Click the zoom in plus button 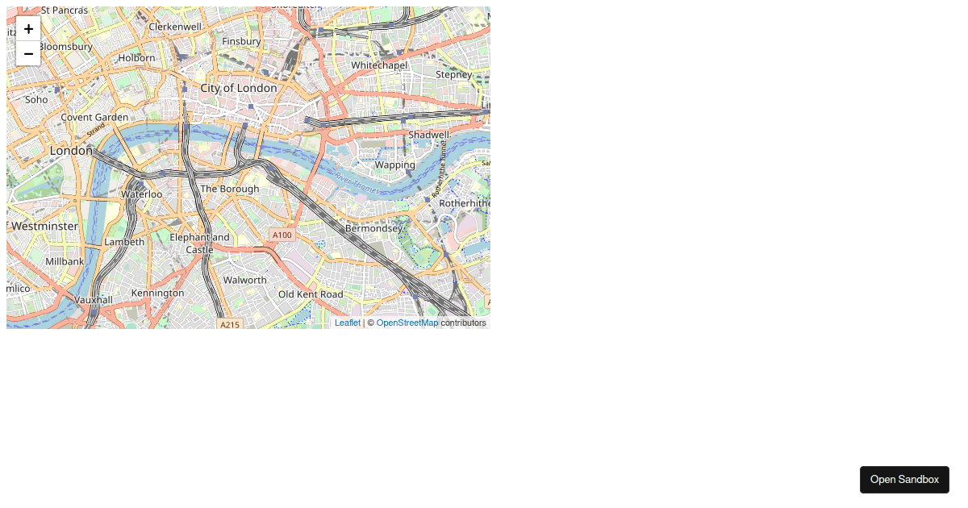tap(28, 28)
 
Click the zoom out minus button tap(28, 53)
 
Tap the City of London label tap(239, 88)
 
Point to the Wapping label tap(395, 164)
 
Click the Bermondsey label tap(373, 228)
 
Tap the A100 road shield tap(282, 235)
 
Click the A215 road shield tap(230, 324)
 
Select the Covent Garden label tap(94, 117)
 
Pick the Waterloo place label tap(141, 194)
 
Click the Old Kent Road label tap(311, 294)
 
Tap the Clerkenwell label tap(175, 26)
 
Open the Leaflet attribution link tap(348, 323)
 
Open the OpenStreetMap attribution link tap(407, 323)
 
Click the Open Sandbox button tap(904, 479)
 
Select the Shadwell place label tap(428, 135)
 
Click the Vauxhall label tap(94, 299)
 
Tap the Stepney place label tap(453, 74)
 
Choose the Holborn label tap(136, 58)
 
